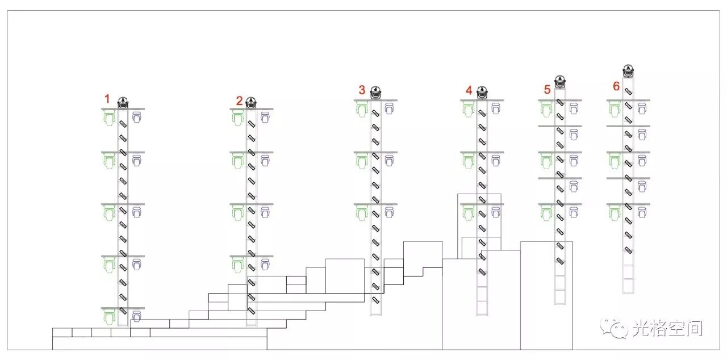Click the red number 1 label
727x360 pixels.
point(106,99)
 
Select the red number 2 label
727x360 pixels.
point(240,101)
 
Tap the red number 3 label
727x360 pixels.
point(362,89)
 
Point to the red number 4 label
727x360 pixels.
point(469,90)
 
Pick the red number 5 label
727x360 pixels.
point(547,89)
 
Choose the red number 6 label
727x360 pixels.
point(616,86)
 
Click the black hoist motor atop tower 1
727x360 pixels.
point(123,103)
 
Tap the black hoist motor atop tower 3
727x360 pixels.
point(375,93)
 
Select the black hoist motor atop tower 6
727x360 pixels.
point(628,71)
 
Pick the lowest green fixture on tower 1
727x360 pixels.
point(108,317)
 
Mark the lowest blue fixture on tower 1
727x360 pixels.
point(136,316)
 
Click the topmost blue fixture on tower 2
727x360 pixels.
point(265,118)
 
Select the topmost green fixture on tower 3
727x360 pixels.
point(361,109)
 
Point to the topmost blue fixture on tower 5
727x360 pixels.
point(574,108)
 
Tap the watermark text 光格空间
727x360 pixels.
point(667,328)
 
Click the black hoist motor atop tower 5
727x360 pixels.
point(560,82)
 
